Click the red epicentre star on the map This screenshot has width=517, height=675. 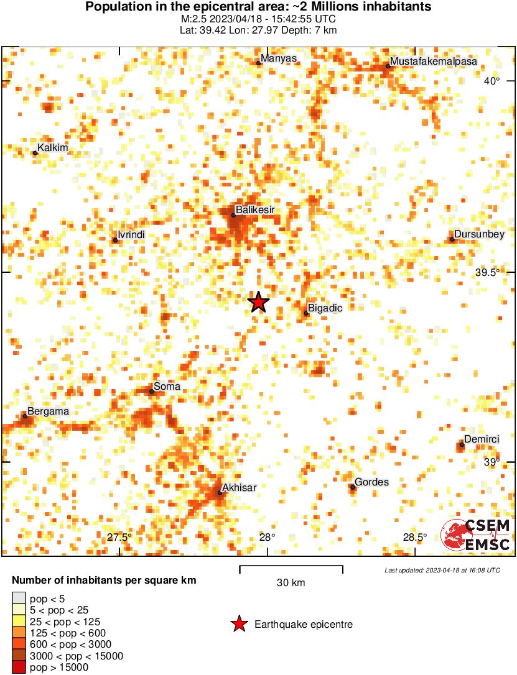click(259, 302)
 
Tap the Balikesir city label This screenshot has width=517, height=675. click(255, 210)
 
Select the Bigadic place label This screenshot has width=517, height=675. click(325, 308)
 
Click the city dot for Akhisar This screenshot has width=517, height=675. click(220, 494)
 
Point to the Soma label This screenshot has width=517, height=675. click(167, 387)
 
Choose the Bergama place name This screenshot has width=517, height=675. click(48, 411)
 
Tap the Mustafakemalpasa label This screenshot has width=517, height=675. click(424, 62)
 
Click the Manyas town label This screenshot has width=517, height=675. click(279, 58)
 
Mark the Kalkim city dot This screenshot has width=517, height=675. click(35, 153)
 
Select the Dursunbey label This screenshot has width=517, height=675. click(478, 234)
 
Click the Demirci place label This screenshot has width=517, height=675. click(482, 439)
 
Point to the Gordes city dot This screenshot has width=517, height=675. click(353, 487)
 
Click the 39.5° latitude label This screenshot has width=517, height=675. click(487, 272)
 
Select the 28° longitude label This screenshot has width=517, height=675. click(268, 538)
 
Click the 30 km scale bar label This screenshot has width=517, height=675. click(291, 582)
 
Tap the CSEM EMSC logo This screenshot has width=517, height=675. click(475, 535)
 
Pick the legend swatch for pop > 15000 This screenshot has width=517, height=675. click(19, 668)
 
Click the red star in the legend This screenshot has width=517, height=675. click(239, 625)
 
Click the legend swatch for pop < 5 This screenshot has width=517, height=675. click(19, 598)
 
